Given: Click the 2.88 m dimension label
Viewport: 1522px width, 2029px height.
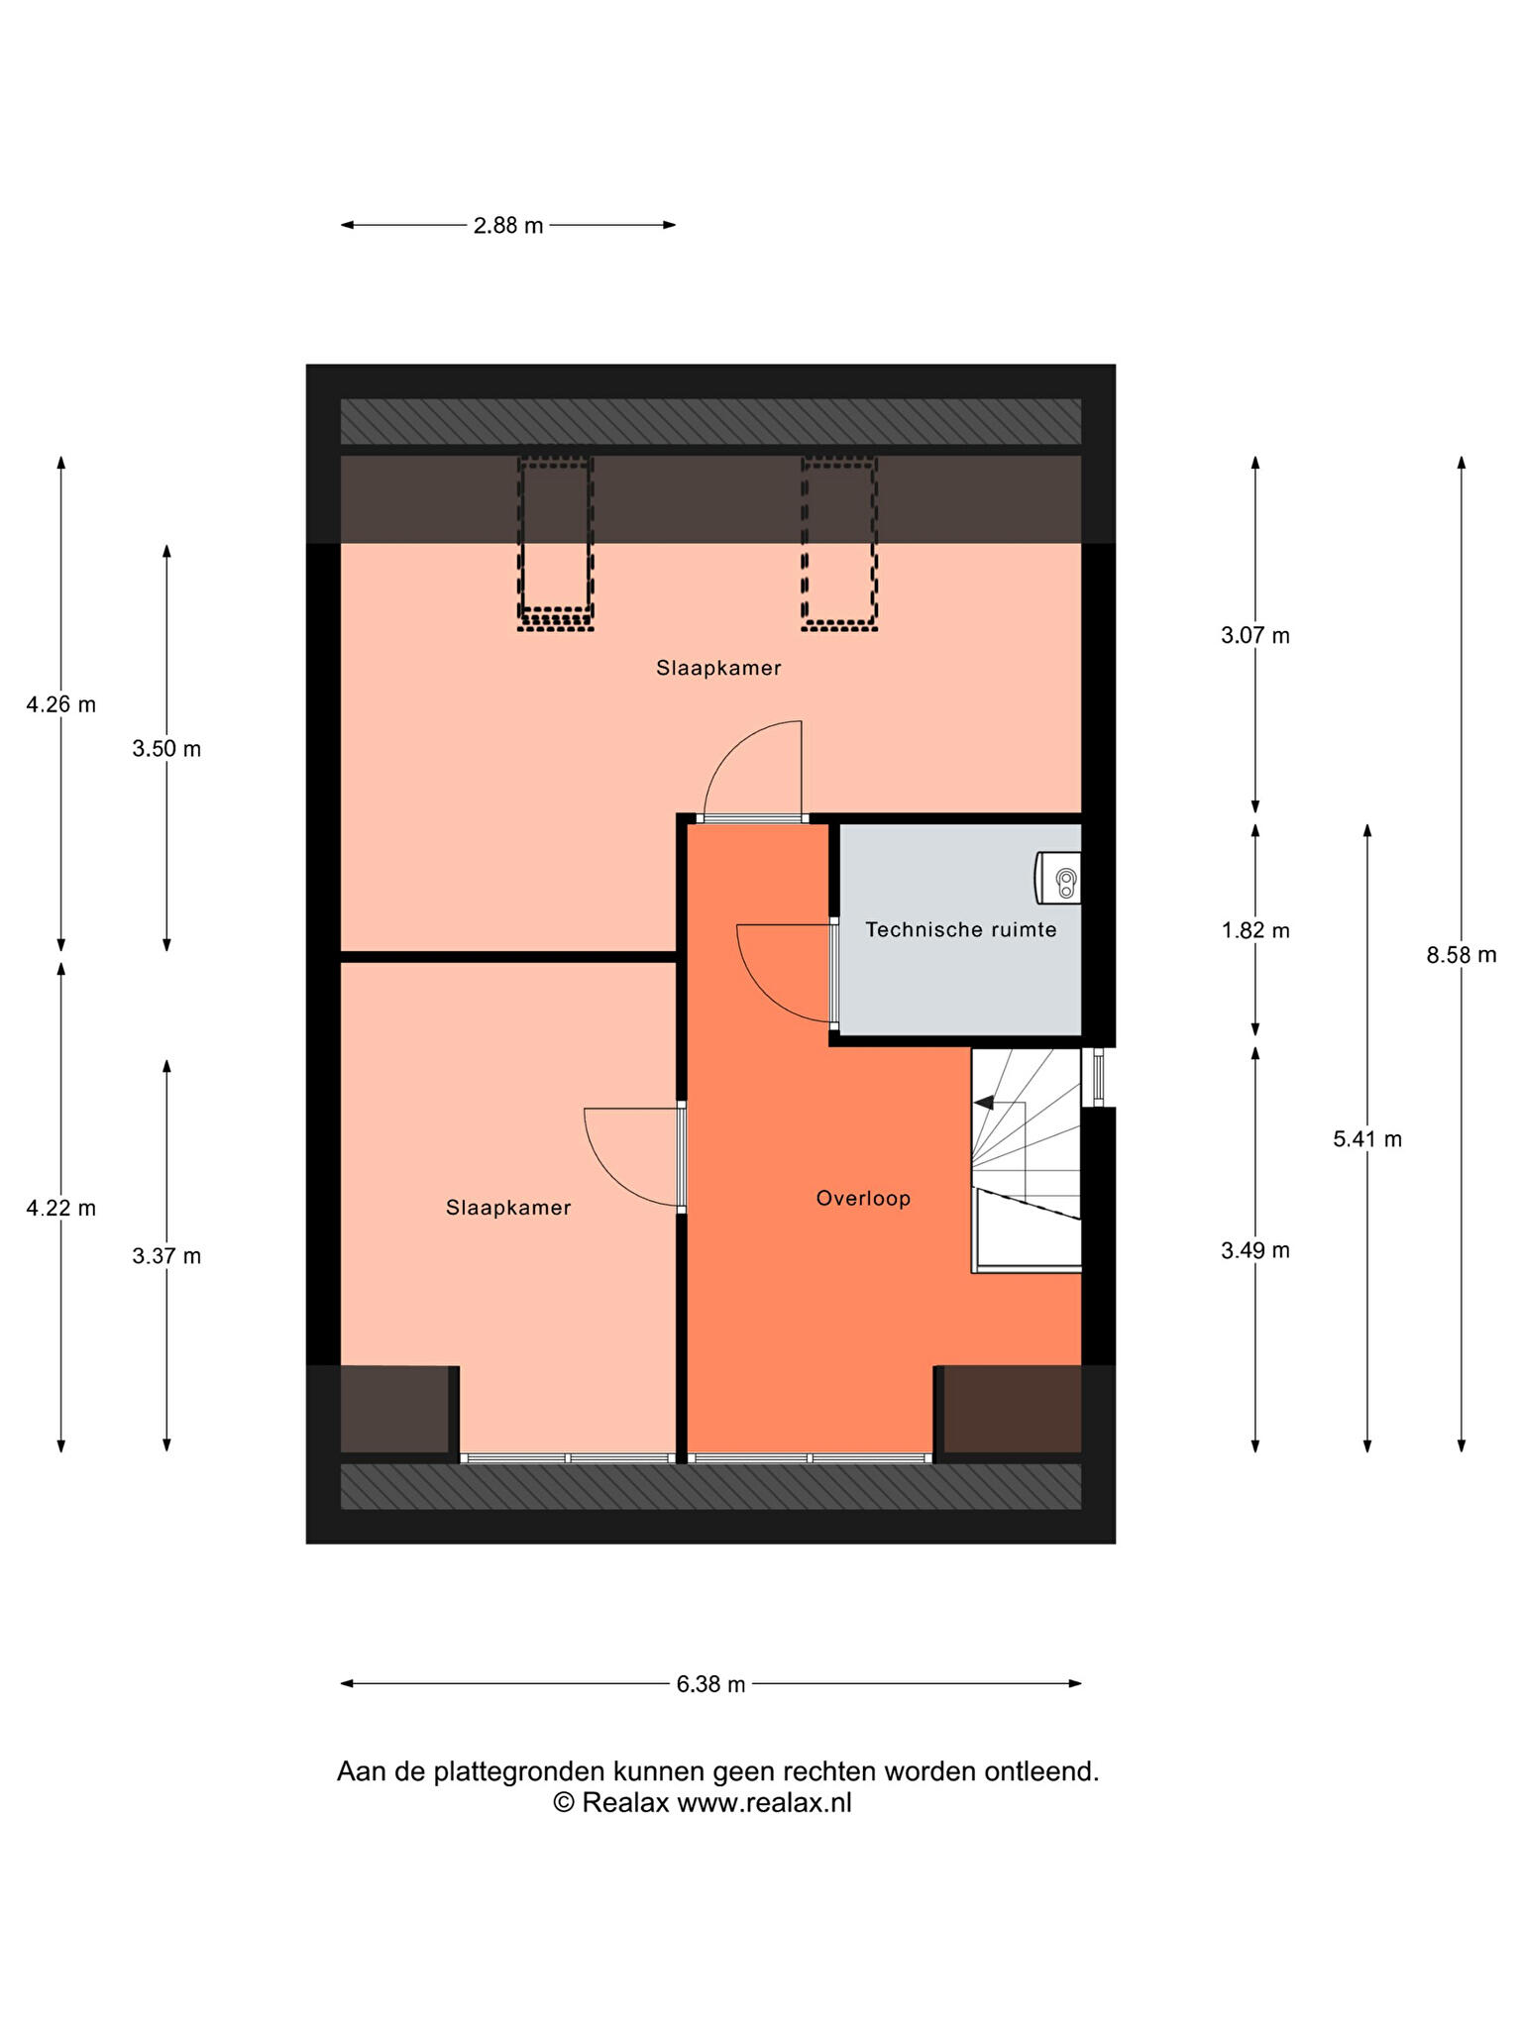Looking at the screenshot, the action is coord(508,226).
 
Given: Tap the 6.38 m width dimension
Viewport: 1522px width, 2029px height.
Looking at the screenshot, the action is coord(710,1684).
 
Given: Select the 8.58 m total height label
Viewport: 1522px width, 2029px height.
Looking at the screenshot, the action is coord(1462,955).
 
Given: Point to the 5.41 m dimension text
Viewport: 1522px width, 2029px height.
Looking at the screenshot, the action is coord(1367,1139).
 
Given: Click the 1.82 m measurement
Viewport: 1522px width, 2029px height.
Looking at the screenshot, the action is coord(1255,930).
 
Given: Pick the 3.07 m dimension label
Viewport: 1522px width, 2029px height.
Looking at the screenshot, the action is coord(1255,636).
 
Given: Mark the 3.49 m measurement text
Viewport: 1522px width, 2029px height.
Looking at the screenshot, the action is coord(1255,1250).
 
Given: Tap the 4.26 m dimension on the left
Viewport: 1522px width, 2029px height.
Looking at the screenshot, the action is coord(61,705).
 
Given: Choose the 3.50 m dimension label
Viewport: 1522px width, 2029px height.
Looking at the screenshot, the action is coord(166,749).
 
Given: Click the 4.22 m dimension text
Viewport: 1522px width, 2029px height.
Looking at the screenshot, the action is coord(61,1209).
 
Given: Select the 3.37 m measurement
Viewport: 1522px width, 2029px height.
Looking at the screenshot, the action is coord(166,1256).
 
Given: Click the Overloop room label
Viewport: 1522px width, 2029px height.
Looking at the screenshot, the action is coord(863,1199).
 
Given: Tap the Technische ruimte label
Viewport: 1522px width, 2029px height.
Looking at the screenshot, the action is coord(961,930).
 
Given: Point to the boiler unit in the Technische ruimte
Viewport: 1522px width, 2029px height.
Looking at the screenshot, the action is coord(1058,878).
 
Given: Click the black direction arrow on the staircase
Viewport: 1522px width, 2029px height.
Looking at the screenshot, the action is coord(986,1103).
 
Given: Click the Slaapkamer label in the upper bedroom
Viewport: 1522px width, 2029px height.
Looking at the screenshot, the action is coord(718,669).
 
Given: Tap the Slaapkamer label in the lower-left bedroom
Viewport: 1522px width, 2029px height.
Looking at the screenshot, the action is coord(508,1209).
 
